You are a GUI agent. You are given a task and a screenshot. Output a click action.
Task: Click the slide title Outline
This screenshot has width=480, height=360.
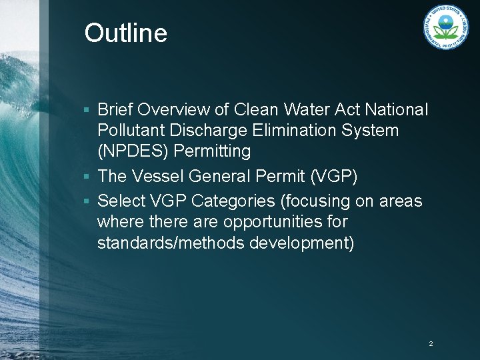pyautogui.click(x=125, y=33)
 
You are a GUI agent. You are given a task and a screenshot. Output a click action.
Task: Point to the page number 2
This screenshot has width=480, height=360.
pyautogui.click(x=431, y=344)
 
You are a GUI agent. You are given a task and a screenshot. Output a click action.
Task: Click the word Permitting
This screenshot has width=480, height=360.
pyautogui.click(x=212, y=152)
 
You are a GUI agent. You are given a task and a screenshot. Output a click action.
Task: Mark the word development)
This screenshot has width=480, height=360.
pyautogui.click(x=301, y=243)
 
